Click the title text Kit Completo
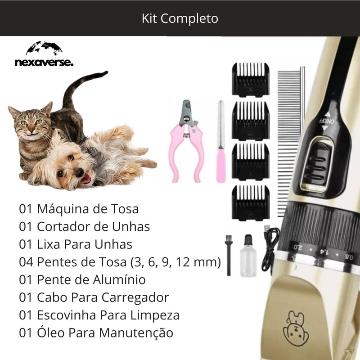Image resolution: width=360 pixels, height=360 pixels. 180,18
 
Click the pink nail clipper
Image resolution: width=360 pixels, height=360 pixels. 186,139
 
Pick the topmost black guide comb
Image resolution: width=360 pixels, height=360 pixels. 250,80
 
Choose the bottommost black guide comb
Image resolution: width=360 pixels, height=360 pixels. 250,196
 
